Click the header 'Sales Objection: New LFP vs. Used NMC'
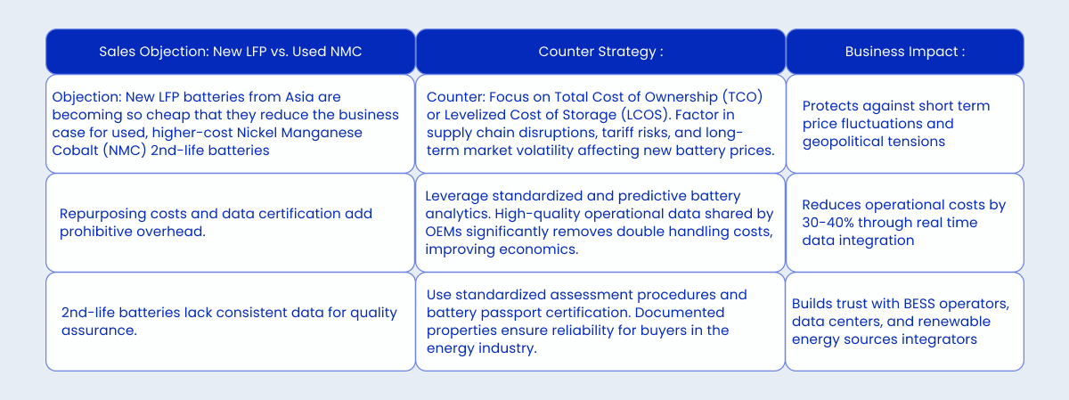231,52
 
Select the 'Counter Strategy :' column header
600,52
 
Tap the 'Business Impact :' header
904,52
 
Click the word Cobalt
75,151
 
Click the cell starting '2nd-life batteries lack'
230,322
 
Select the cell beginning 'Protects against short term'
904,123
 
